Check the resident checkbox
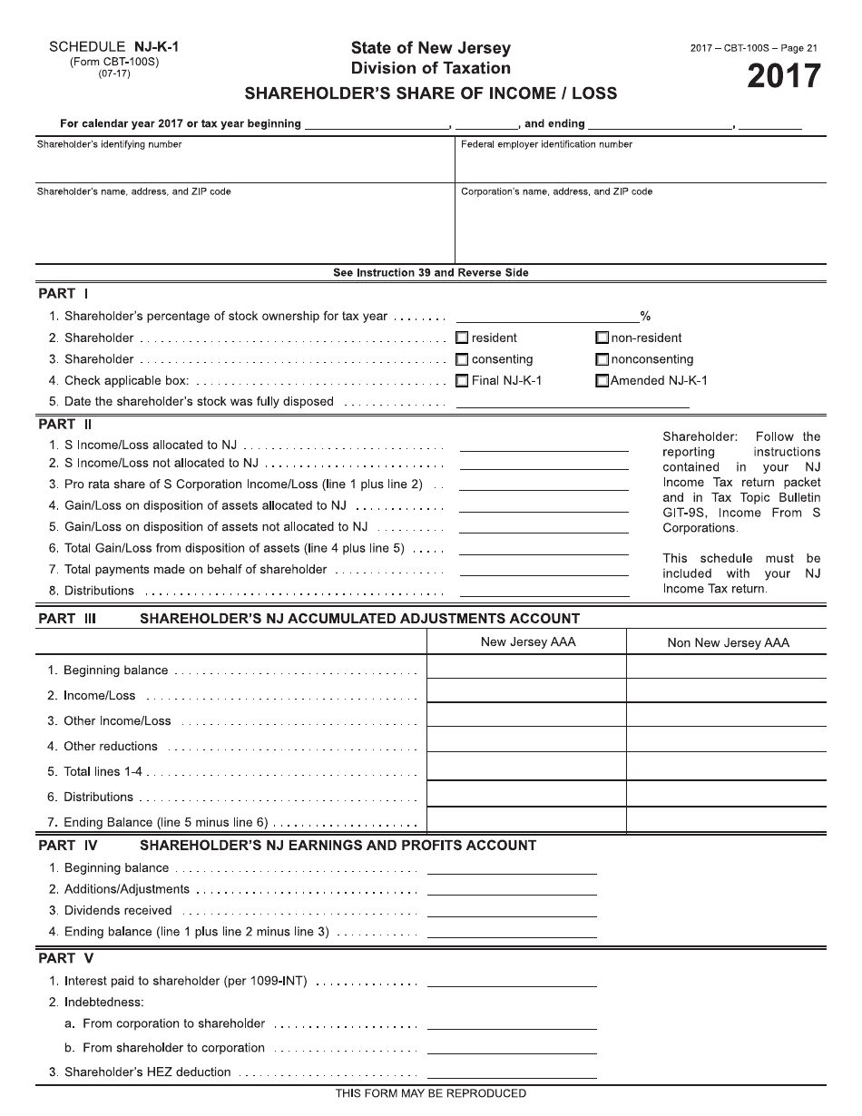pos(462,338)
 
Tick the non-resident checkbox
pos(602,338)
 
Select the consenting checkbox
pos(462,359)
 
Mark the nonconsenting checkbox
pos(602,359)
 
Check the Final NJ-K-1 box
pos(462,381)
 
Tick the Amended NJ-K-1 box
pos(602,381)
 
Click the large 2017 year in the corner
pos(783,77)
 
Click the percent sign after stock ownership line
pos(645,317)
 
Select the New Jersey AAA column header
pos(527,642)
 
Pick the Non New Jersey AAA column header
pos(728,642)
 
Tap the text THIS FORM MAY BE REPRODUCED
pos(430,1093)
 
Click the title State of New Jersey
pos(430,48)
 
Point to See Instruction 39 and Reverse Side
pos(430,272)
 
